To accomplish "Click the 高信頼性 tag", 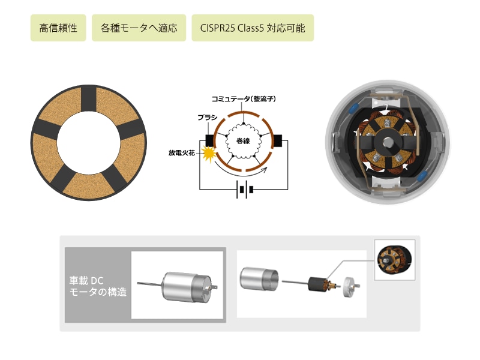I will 58,28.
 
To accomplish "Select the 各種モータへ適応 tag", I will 139,28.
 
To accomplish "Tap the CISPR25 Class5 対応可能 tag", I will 253,28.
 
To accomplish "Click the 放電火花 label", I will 182,153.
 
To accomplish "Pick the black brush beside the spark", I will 211,140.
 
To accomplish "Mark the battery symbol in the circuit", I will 243,190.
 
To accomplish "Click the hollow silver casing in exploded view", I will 260,278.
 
